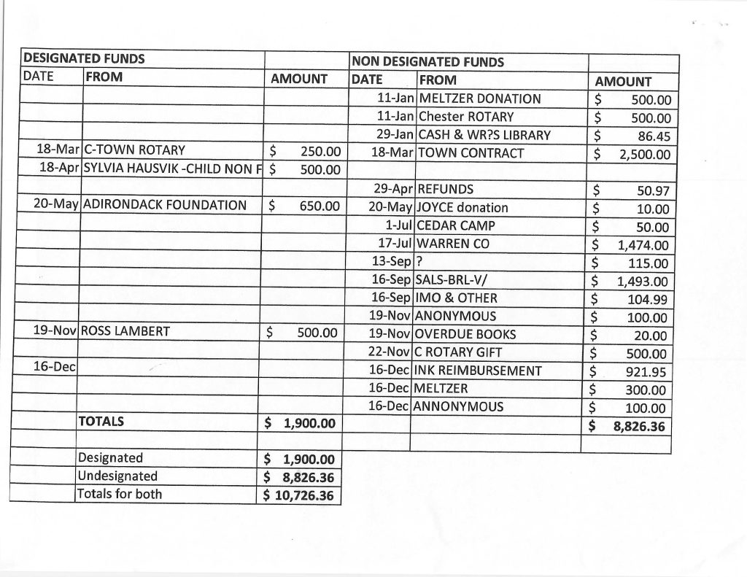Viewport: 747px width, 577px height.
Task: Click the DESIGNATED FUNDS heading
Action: point(84,58)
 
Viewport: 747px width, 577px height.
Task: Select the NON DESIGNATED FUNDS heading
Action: point(427,62)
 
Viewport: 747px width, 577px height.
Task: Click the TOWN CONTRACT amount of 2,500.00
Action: point(645,154)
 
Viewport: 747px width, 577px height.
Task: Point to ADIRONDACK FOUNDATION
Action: point(166,205)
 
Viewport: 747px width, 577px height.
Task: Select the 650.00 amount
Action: point(320,206)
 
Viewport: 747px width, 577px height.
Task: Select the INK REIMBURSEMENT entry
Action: point(479,371)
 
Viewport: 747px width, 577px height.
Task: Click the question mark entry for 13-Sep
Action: point(419,262)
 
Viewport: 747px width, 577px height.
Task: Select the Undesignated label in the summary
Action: point(118,476)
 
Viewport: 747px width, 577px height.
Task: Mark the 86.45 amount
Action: point(654,135)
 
